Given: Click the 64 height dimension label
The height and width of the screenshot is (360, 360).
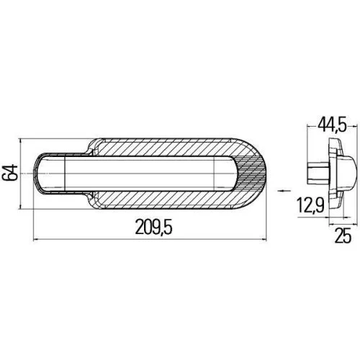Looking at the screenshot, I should pos(10,174).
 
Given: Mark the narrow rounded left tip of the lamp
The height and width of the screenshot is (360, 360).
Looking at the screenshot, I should pos(42,174).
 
